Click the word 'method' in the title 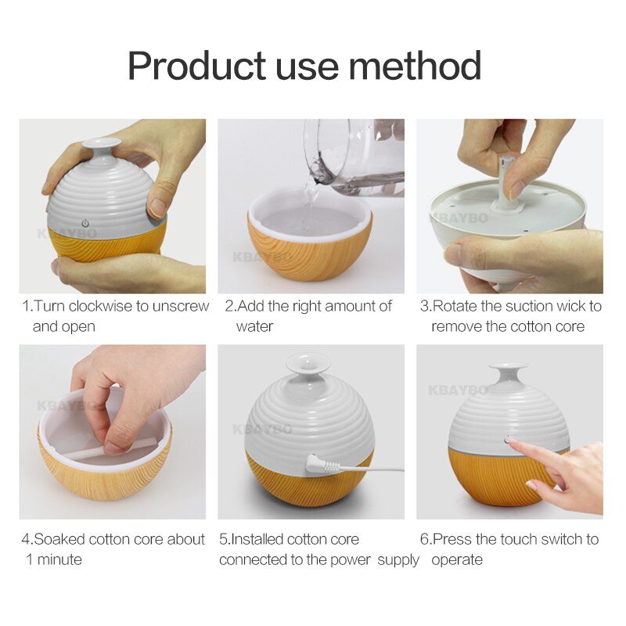coord(416,67)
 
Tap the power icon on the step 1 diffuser coord(85,222)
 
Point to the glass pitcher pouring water coord(356,153)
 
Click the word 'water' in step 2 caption coord(254,326)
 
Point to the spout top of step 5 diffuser coord(308,362)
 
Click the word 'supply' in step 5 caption coord(398,559)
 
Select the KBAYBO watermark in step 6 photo coord(457,389)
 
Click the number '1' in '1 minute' coord(29,559)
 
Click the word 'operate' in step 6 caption coord(457,559)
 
